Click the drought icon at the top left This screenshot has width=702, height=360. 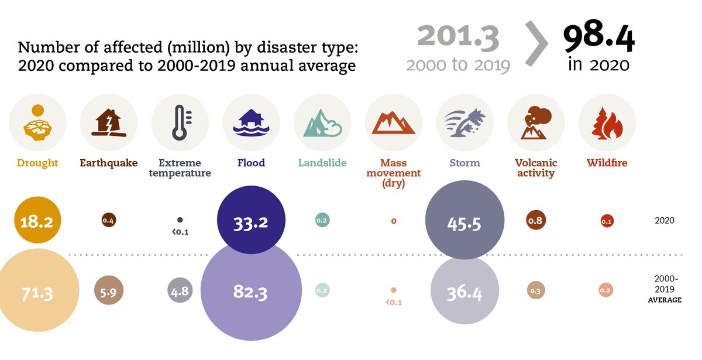(x=37, y=123)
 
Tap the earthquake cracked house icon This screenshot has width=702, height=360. (x=109, y=123)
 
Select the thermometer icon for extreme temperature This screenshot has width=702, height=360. (x=180, y=123)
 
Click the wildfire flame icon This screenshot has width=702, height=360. (x=607, y=123)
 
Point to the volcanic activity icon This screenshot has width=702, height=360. (x=536, y=123)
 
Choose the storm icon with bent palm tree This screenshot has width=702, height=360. (x=464, y=123)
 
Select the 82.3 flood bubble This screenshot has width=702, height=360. (x=251, y=291)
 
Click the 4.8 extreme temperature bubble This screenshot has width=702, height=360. (x=180, y=291)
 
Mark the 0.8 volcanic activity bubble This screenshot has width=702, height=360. (x=535, y=221)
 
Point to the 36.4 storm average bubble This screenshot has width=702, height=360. (x=464, y=291)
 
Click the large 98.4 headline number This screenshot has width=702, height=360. (x=598, y=40)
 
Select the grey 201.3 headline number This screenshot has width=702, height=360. (x=458, y=37)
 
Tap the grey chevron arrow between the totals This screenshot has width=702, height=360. (x=536, y=44)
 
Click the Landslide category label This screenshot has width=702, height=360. (x=322, y=163)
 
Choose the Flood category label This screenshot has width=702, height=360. (x=251, y=163)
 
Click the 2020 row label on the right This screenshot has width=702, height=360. (x=665, y=221)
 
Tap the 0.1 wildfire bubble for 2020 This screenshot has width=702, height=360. (x=607, y=221)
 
